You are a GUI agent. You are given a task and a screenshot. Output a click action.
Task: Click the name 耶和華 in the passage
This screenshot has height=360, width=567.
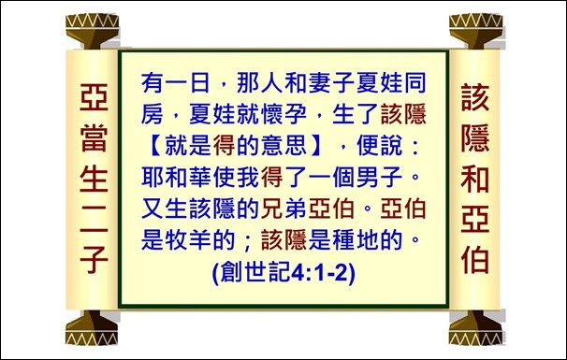point(177,176)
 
